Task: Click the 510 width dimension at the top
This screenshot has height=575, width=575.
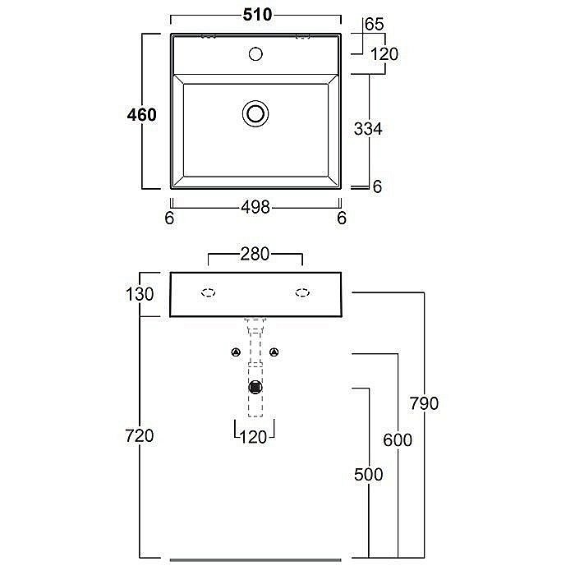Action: click(256, 14)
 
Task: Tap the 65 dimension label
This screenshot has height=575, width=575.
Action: click(375, 25)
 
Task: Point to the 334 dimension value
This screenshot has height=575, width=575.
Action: click(368, 129)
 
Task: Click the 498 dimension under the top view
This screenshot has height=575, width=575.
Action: click(255, 209)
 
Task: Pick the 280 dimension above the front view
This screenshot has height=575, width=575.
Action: click(255, 255)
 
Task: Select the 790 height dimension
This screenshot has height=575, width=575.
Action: click(424, 403)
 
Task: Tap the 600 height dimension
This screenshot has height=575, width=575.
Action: click(398, 439)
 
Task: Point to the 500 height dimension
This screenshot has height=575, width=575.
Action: click(368, 475)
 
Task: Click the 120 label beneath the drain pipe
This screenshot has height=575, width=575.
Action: click(255, 437)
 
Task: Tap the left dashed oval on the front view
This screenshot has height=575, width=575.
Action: click(209, 291)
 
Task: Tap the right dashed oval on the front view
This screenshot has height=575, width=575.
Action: click(302, 291)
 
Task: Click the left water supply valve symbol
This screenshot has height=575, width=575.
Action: click(236, 352)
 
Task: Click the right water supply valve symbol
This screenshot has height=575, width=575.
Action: click(275, 352)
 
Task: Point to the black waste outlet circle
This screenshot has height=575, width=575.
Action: click(255, 385)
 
